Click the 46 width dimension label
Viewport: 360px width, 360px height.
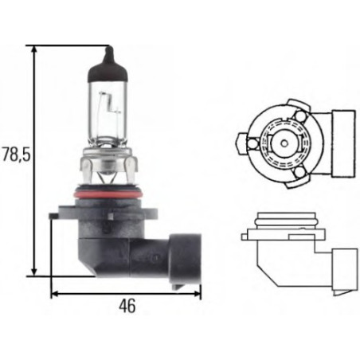tap(126, 306)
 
